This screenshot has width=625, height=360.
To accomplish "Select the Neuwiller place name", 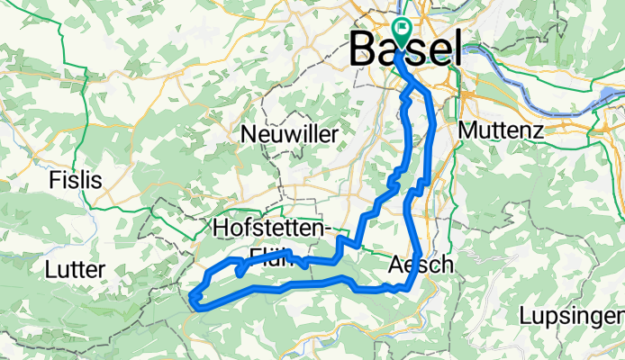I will click(x=290, y=134).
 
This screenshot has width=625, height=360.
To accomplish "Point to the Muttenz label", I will click(x=501, y=130).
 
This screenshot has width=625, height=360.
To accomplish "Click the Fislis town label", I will click(x=76, y=179).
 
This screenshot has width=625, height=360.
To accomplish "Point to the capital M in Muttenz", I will click(x=466, y=130).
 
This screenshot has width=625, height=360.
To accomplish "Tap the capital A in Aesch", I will click(x=399, y=265).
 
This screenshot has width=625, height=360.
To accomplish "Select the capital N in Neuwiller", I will click(x=249, y=134).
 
